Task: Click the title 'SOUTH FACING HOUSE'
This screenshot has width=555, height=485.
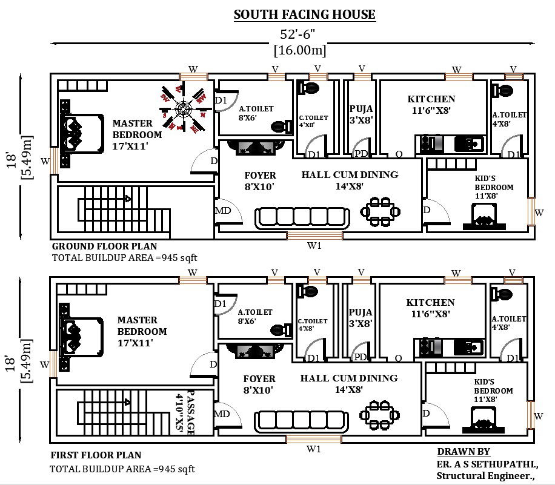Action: click(x=304, y=15)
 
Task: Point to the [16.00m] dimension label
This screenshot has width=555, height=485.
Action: click(x=300, y=50)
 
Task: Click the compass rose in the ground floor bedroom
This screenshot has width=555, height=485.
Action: click(x=183, y=109)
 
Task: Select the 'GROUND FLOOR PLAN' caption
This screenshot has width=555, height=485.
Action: click(x=104, y=246)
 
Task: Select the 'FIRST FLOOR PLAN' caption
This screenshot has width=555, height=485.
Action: click(x=96, y=455)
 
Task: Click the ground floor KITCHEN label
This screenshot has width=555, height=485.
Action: click(x=431, y=99)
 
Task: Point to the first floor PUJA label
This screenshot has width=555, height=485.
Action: click(x=360, y=312)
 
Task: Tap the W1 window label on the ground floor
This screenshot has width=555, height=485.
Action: click(x=314, y=246)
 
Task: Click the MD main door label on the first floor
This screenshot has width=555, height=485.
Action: click(x=222, y=414)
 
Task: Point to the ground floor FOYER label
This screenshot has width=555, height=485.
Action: click(x=260, y=176)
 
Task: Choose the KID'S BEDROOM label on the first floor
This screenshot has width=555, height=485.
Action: click(x=485, y=391)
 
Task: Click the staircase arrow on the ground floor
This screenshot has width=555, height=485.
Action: click(x=128, y=198)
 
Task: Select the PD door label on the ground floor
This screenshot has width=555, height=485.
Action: click(x=361, y=154)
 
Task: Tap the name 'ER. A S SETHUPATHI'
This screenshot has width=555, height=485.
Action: click(x=487, y=464)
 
